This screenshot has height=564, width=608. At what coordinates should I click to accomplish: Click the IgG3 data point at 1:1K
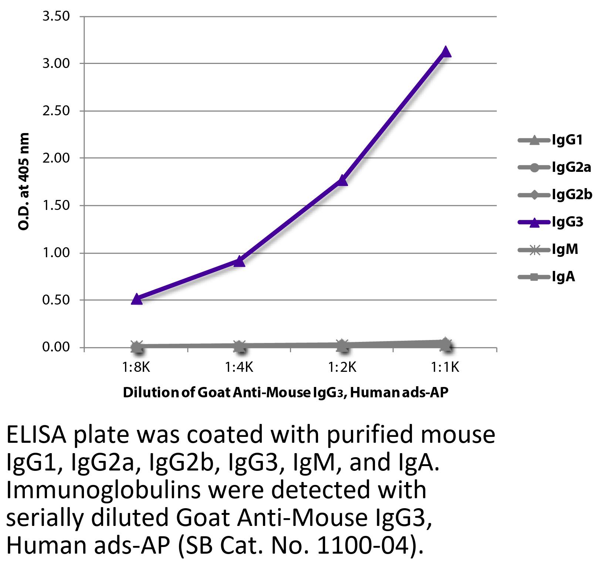click(446, 52)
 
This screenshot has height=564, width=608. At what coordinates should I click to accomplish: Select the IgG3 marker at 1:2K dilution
click(342, 180)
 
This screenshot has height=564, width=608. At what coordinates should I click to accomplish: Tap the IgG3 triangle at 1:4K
click(240, 261)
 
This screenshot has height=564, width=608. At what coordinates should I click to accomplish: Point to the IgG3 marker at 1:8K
click(137, 299)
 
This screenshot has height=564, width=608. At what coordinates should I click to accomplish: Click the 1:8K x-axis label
click(137, 367)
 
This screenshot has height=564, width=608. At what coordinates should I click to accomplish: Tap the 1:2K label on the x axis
click(342, 367)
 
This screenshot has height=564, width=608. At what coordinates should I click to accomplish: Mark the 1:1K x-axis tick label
click(446, 367)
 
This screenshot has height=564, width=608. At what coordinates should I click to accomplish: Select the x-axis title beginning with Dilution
click(285, 393)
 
